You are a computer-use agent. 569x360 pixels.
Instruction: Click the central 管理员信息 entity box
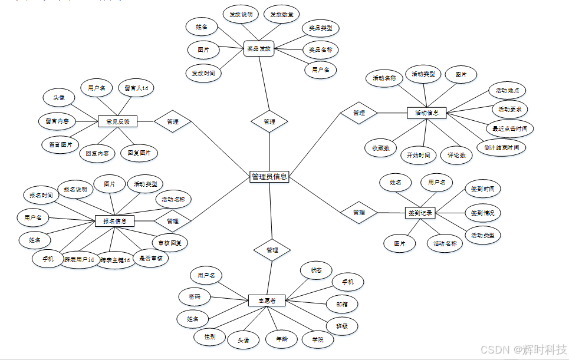[x=269, y=176]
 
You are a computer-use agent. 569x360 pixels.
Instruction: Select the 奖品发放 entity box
[x=259, y=49]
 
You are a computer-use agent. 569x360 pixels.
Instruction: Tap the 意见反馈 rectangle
[x=117, y=122]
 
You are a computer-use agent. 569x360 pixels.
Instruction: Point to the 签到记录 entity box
[x=420, y=213]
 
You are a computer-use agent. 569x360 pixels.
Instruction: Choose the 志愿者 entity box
[x=267, y=301]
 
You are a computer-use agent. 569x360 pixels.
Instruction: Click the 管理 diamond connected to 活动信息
[x=358, y=113]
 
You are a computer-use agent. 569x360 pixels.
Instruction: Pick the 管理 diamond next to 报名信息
[x=173, y=221]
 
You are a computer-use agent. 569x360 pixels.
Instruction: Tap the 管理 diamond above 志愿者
[x=272, y=250]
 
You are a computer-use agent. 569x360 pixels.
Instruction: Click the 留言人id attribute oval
[x=136, y=88]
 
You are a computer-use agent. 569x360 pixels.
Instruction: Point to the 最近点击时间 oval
[x=510, y=128]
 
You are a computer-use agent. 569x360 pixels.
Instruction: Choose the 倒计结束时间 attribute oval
[x=501, y=147]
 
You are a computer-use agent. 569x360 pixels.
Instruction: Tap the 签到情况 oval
[x=482, y=212]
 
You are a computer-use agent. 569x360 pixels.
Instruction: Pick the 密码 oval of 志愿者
[x=195, y=297]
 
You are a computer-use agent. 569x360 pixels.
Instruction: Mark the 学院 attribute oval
[x=317, y=339]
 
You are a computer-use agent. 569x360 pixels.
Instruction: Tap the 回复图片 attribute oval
[x=139, y=153]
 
